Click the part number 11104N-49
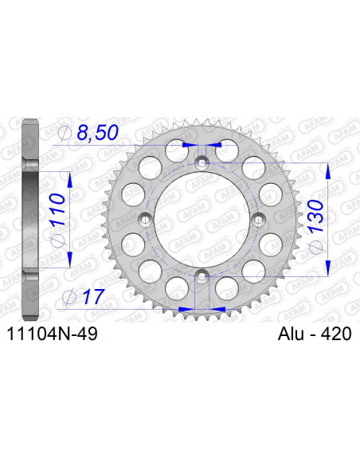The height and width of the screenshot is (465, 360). tap(53, 337)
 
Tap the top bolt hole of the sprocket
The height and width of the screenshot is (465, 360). tap(202, 162)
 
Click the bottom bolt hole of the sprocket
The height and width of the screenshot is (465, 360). tap(202, 276)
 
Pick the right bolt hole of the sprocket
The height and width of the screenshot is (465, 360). tap(258, 220)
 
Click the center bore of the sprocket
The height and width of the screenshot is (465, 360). tap(202, 220)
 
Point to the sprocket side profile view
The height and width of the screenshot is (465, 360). tap(29, 220)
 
